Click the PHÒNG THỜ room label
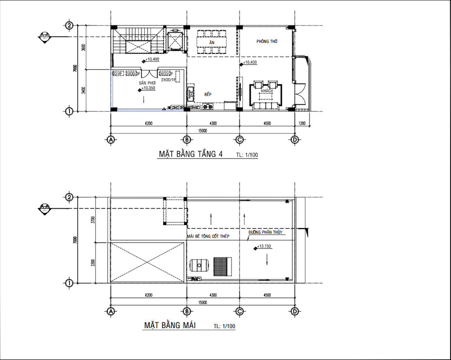[267, 42]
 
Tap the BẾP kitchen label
[208, 95]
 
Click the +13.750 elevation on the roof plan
[264, 247]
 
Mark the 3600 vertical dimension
[84, 48]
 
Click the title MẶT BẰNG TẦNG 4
[191, 154]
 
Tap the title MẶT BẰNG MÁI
[170, 325]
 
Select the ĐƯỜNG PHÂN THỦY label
[267, 233]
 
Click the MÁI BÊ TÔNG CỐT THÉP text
[208, 236]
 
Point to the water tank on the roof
[199, 265]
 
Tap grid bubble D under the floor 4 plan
[295, 140]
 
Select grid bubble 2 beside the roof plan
[69, 197]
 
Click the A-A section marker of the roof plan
[45, 208]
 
